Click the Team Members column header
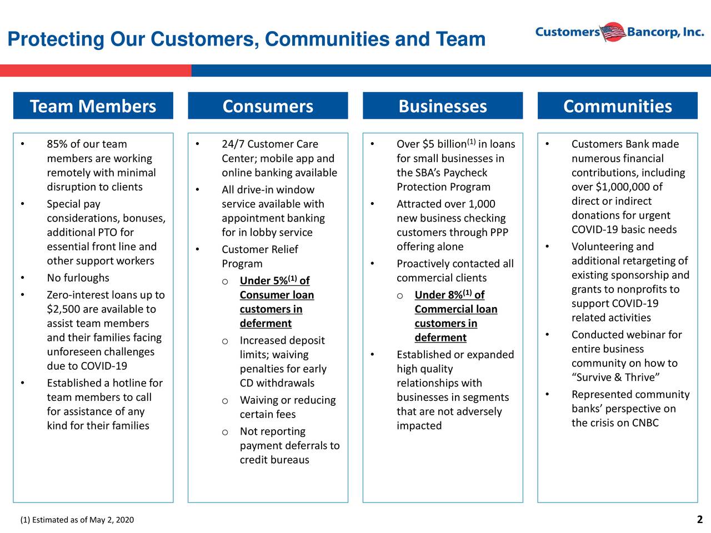click(93, 106)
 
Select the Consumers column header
click(268, 106)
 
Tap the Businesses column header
click(443, 106)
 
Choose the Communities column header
click(617, 106)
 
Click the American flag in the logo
click(613, 32)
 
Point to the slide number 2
click(699, 520)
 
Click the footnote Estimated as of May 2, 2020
click(77, 520)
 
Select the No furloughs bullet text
click(78, 278)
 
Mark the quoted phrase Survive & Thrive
click(615, 378)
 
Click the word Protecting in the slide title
click(56, 39)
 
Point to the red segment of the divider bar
click(96, 71)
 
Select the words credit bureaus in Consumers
click(274, 460)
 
